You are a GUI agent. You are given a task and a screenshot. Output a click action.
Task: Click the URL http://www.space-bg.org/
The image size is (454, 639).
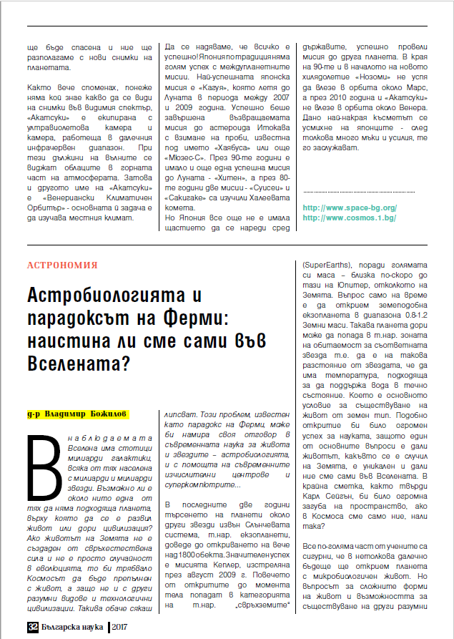[350, 208]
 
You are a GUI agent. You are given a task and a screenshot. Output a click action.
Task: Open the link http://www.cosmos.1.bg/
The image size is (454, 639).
[350, 217]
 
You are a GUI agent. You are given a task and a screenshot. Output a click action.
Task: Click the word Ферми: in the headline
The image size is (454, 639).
[231, 320]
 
